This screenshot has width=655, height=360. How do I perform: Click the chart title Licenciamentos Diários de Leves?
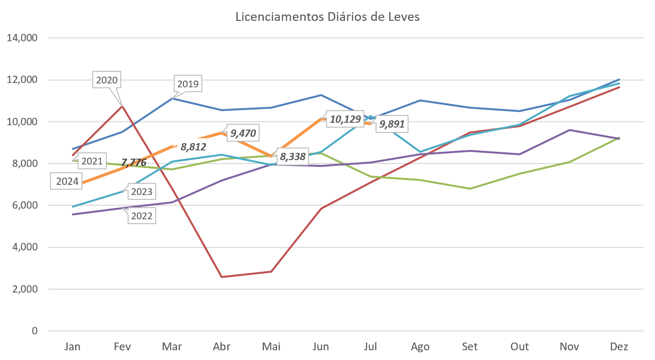pos(327,17)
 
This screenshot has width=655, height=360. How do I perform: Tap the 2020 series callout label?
pos(107,80)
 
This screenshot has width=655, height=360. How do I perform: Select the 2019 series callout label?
pos(188,84)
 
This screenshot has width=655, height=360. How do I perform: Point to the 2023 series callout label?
pos(142,192)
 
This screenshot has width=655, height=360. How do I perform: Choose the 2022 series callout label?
pos(142,216)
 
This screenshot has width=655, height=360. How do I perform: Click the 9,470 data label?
pos(243,132)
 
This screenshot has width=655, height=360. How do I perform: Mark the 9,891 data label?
pos(391,124)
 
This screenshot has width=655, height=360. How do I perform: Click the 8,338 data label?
pos(292,157)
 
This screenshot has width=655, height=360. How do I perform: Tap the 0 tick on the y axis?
pos(34,331)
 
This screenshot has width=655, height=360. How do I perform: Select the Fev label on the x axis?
pos(122,347)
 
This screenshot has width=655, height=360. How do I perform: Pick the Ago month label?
pos(420,347)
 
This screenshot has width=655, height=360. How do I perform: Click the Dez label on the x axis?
pos(619,347)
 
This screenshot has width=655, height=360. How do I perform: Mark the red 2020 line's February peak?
pos(123,105)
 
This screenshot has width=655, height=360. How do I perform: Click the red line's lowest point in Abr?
pos(222,277)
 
